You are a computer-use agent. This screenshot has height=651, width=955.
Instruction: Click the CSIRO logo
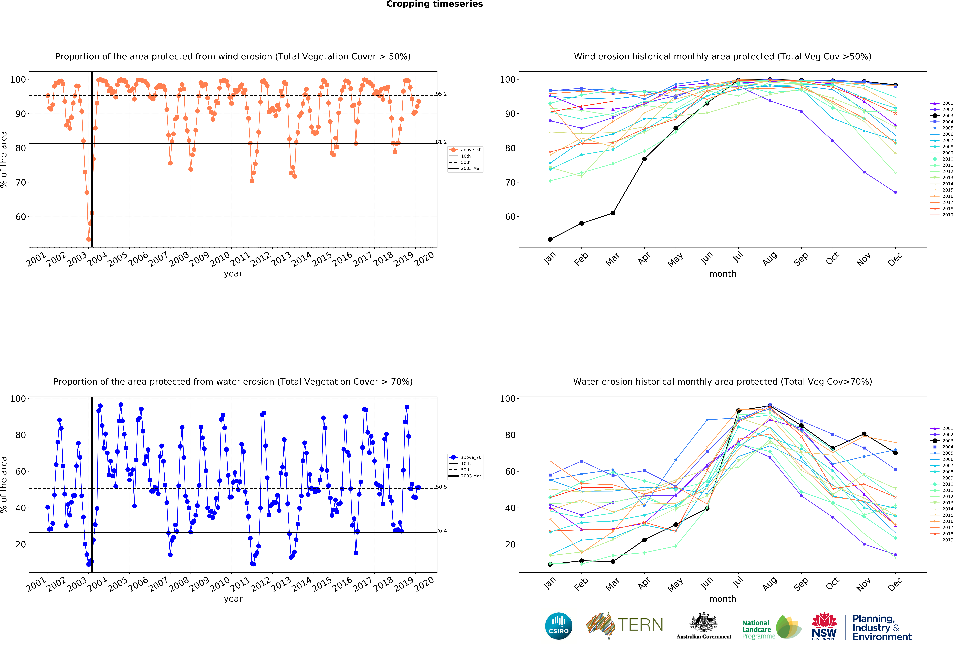558,626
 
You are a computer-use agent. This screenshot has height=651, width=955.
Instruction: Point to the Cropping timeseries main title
434,4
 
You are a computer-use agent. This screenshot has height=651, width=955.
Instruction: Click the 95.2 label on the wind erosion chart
441,94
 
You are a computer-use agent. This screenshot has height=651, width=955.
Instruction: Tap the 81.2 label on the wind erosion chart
441,142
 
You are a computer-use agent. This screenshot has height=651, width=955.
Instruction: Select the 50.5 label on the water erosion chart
441,487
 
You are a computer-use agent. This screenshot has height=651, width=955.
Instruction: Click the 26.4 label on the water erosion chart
441,531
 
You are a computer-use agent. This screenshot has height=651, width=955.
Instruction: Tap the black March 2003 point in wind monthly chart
613,213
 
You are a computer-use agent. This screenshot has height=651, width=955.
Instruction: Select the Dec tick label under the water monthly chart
895,584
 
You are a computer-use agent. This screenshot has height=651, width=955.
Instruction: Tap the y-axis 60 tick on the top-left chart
21,217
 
